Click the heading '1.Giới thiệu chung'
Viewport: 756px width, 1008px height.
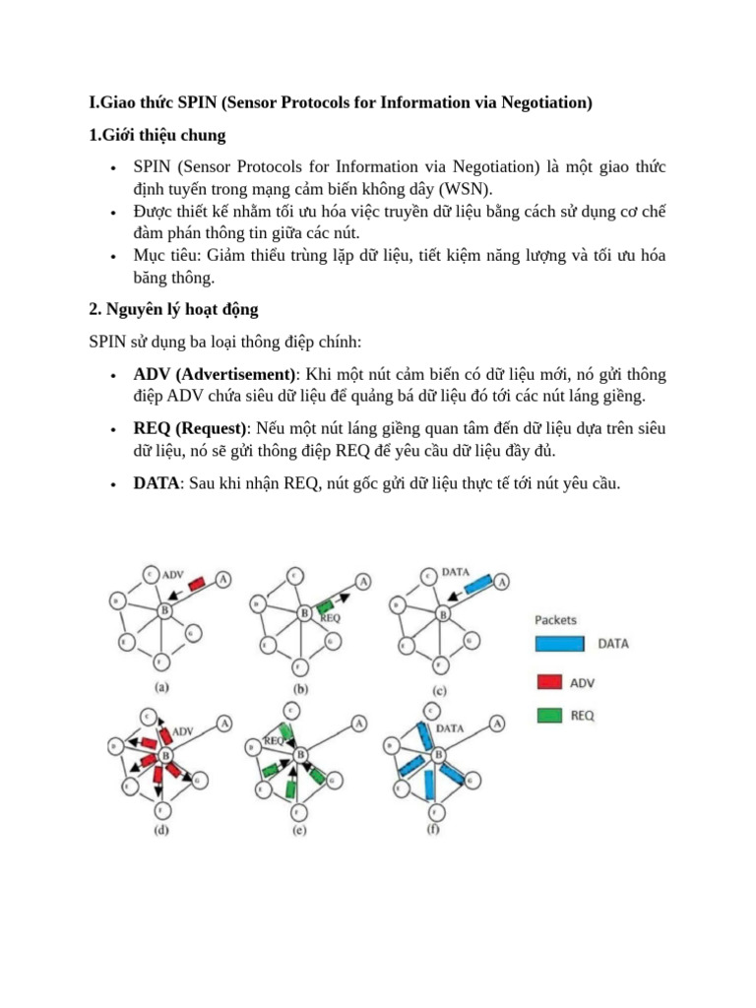(x=157, y=135)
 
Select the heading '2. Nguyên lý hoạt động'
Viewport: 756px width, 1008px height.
(x=173, y=309)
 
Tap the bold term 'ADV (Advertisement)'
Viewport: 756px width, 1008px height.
(x=215, y=375)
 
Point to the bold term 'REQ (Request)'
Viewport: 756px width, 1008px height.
(x=191, y=429)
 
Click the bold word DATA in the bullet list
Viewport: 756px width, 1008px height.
(x=156, y=483)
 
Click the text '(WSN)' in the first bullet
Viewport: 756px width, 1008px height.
(x=465, y=189)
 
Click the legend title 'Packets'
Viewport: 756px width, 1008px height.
(x=555, y=620)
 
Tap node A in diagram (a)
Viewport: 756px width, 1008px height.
(x=224, y=580)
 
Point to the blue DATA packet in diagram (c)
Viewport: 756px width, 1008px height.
(x=477, y=585)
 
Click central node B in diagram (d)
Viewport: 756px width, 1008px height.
(x=164, y=756)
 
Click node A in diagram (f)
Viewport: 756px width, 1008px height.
(x=499, y=724)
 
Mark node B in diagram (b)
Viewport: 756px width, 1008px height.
(x=304, y=612)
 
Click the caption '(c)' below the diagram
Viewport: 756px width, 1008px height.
(x=440, y=690)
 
